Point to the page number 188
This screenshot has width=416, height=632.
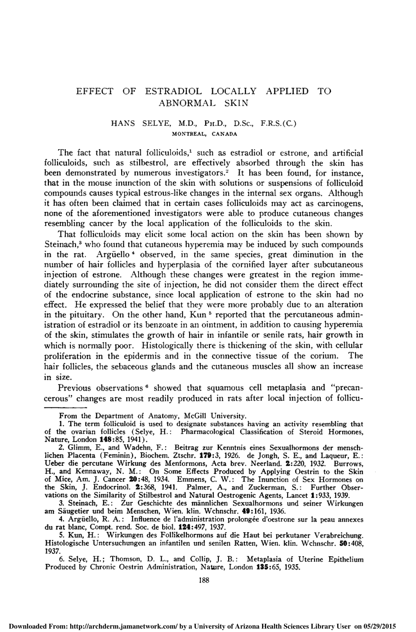point(204,580)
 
